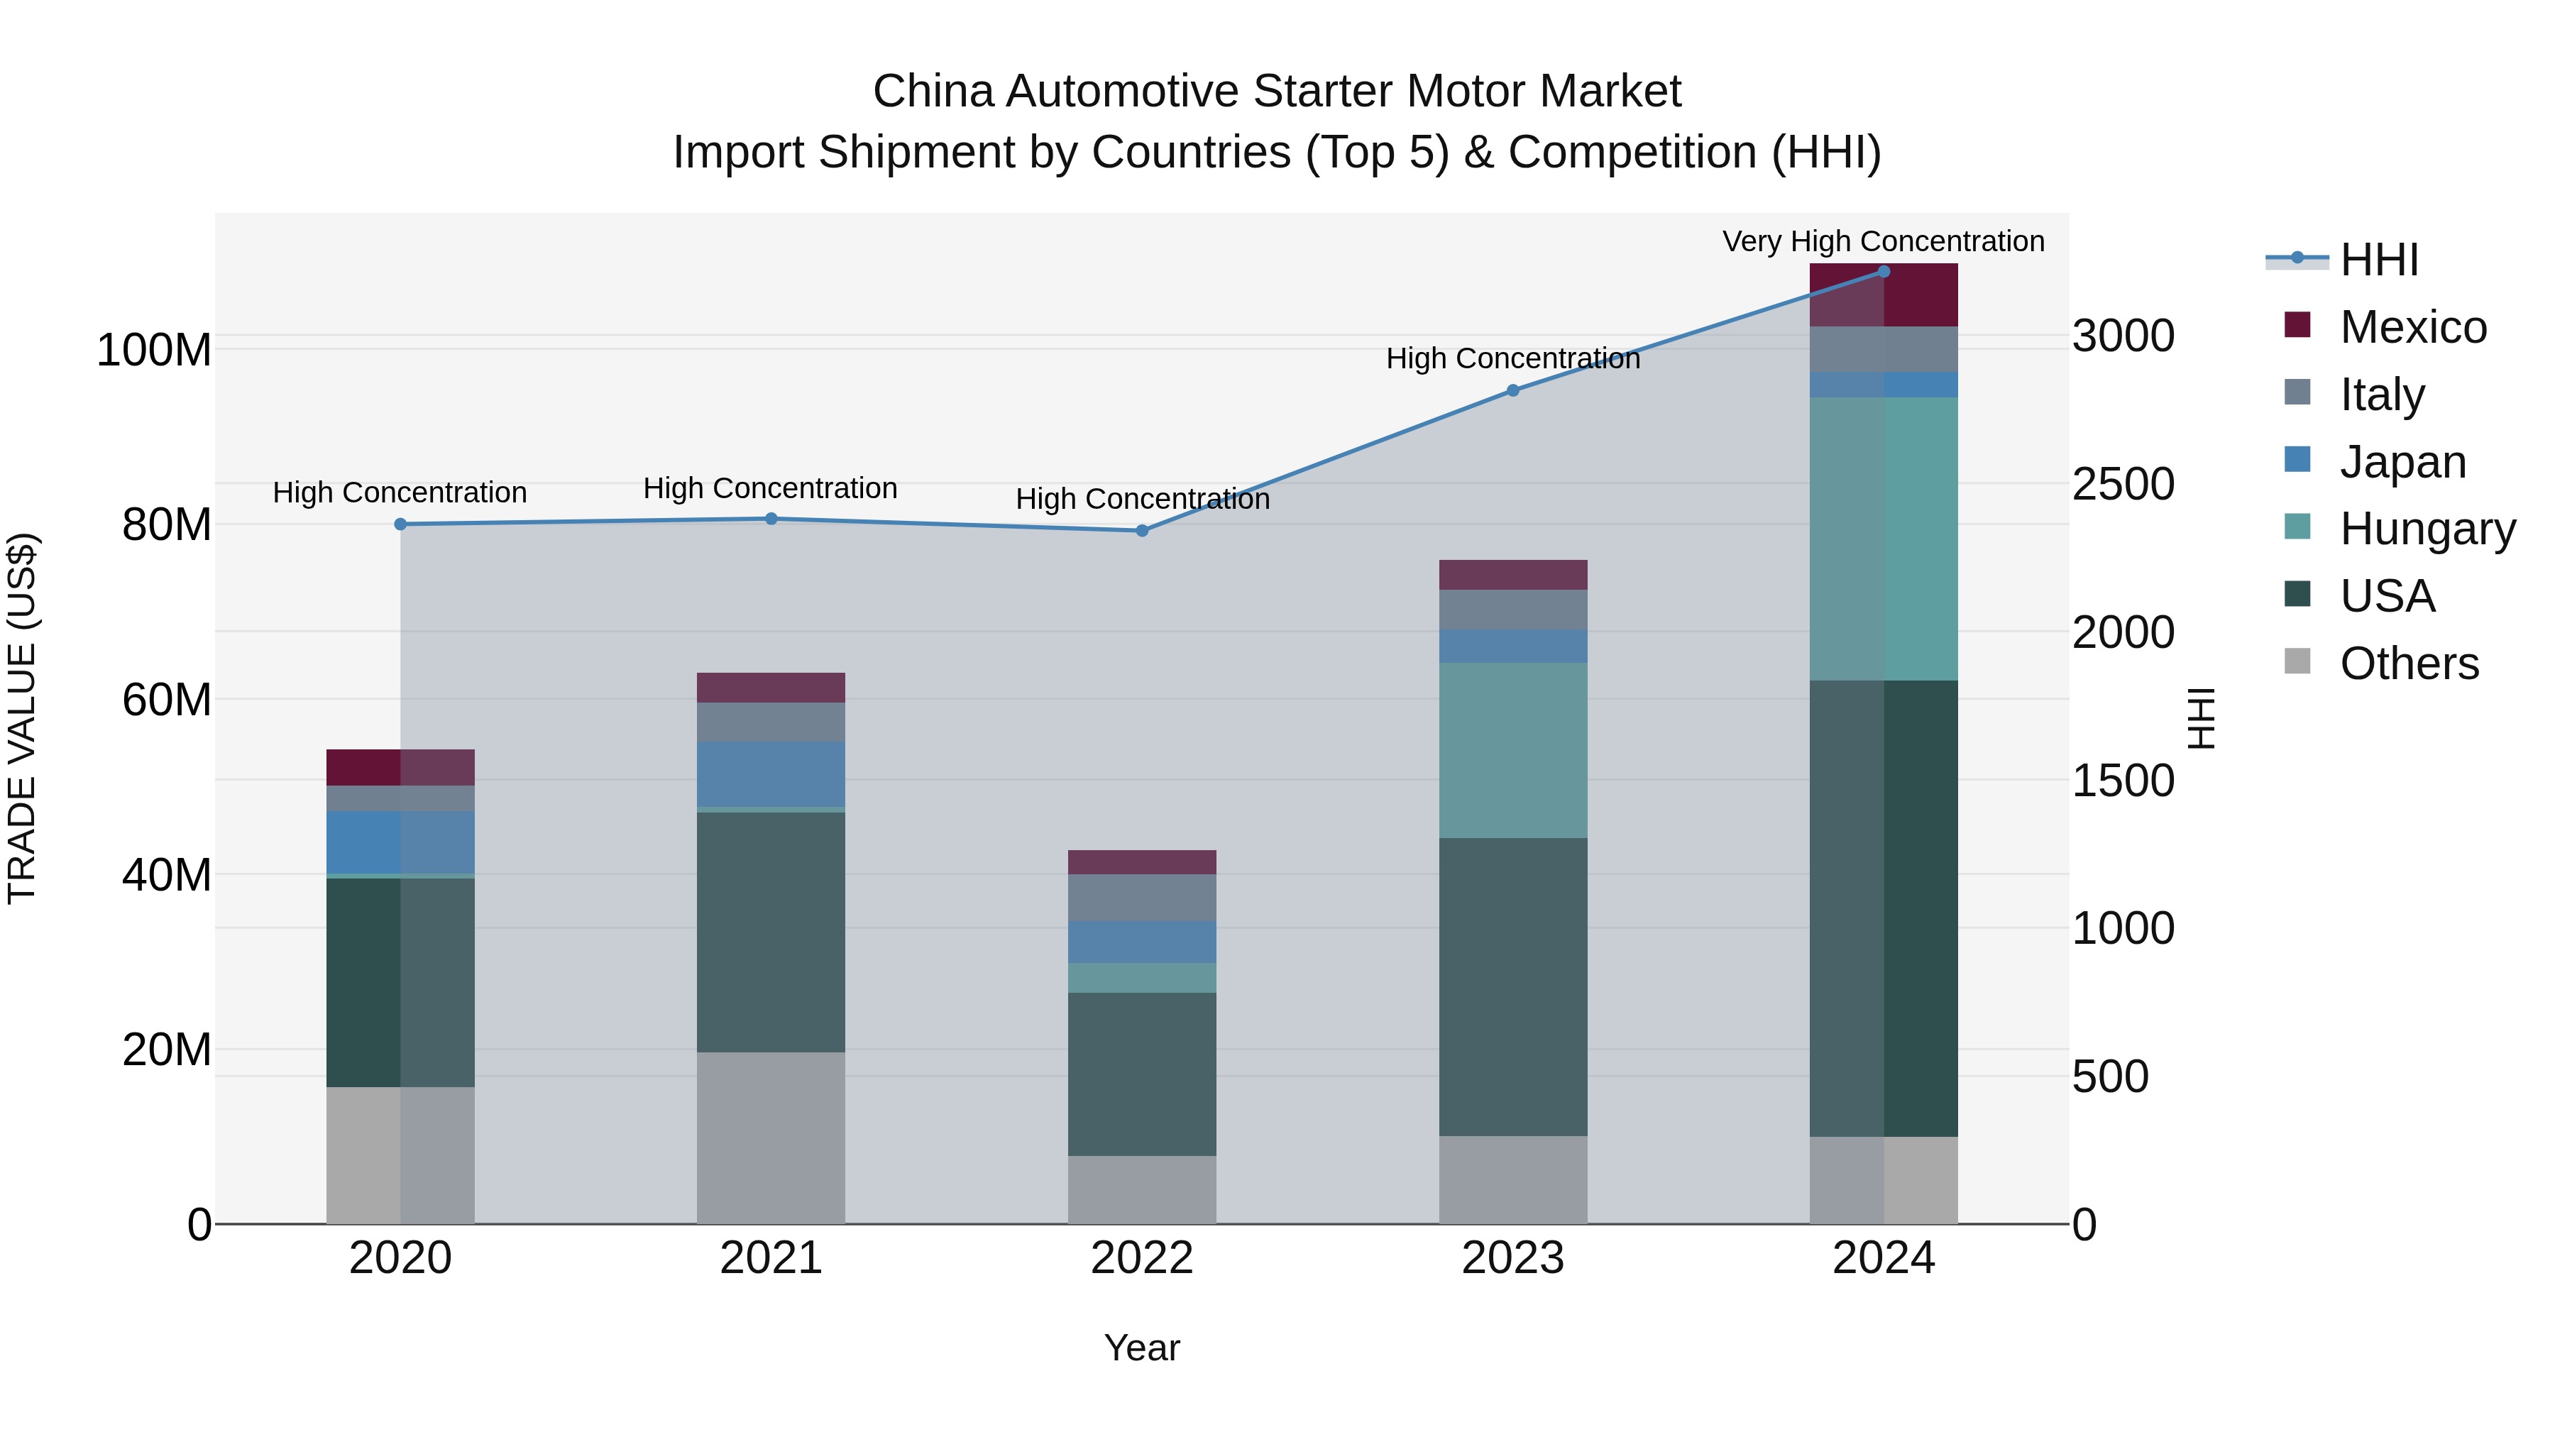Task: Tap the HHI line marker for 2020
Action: [401, 524]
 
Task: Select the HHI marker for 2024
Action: [1884, 272]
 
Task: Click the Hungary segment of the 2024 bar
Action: [1884, 539]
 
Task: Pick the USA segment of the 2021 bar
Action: [771, 932]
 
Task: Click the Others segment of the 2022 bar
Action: [1142, 1189]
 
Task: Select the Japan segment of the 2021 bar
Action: [771, 774]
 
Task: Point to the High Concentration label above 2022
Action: [1142, 499]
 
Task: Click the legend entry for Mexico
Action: [2412, 327]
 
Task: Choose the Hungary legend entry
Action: [2427, 529]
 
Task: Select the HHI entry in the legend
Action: [2378, 260]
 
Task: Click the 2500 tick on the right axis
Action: [2123, 484]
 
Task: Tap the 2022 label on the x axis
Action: [1142, 1258]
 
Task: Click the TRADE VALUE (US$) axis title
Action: [22, 718]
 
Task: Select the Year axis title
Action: [1142, 1348]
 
